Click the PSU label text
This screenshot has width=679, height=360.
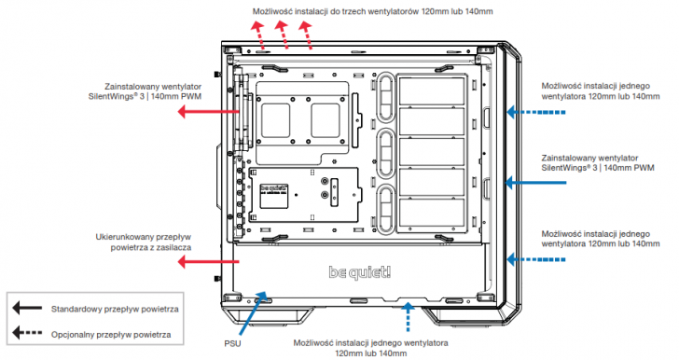click(x=232, y=343)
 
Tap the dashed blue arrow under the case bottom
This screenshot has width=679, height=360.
click(x=407, y=317)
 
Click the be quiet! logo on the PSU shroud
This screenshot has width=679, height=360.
click(x=359, y=272)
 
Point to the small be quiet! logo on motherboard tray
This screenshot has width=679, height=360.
click(x=274, y=188)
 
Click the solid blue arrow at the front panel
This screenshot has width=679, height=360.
click(x=535, y=183)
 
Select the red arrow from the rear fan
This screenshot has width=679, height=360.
click(x=209, y=112)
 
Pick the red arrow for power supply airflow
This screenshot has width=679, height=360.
click(x=209, y=261)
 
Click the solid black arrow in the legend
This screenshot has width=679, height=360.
click(x=27, y=309)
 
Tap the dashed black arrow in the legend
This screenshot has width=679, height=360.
click(x=27, y=333)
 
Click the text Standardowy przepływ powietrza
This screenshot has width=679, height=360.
click(x=115, y=310)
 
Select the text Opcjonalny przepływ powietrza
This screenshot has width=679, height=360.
click(x=111, y=335)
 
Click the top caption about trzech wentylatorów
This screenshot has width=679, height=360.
click(x=372, y=11)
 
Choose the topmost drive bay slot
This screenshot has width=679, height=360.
click(x=432, y=91)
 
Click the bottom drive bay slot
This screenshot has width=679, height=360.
click(x=432, y=213)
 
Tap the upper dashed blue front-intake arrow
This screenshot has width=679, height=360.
click(x=536, y=112)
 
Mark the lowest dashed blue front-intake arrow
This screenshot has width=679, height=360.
click(x=536, y=259)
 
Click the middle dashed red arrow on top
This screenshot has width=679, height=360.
click(x=282, y=35)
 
